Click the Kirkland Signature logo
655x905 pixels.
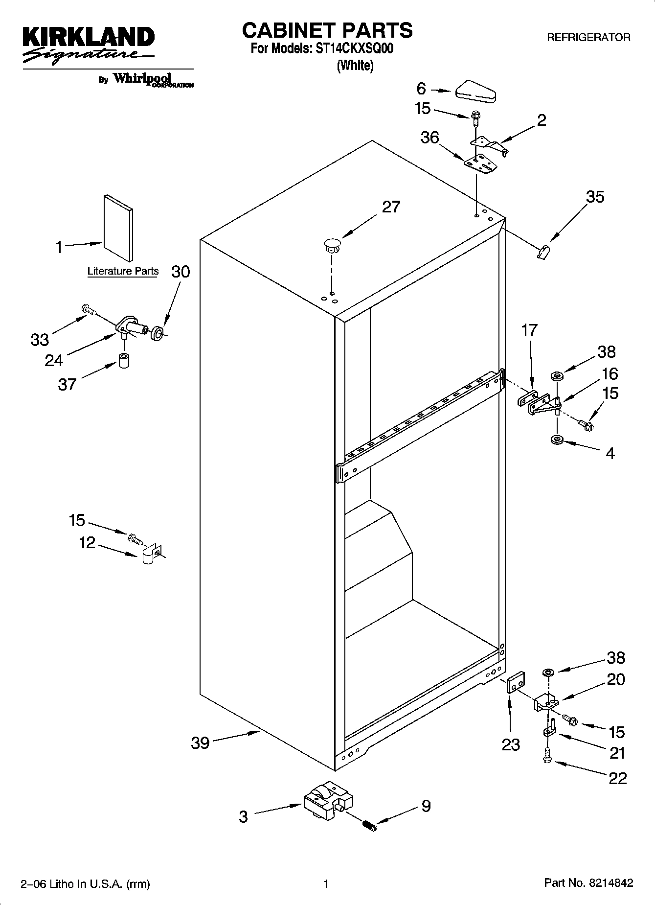point(89,45)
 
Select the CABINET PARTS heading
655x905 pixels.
point(327,30)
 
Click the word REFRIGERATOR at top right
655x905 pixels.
point(588,38)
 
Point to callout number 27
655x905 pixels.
point(391,207)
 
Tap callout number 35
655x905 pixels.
point(595,197)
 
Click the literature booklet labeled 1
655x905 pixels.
point(118,228)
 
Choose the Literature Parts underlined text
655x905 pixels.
point(123,271)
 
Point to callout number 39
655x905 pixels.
point(200,743)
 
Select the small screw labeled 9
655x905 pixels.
point(370,826)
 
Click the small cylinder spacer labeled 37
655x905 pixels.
point(124,360)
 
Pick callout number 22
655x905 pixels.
point(617,778)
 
